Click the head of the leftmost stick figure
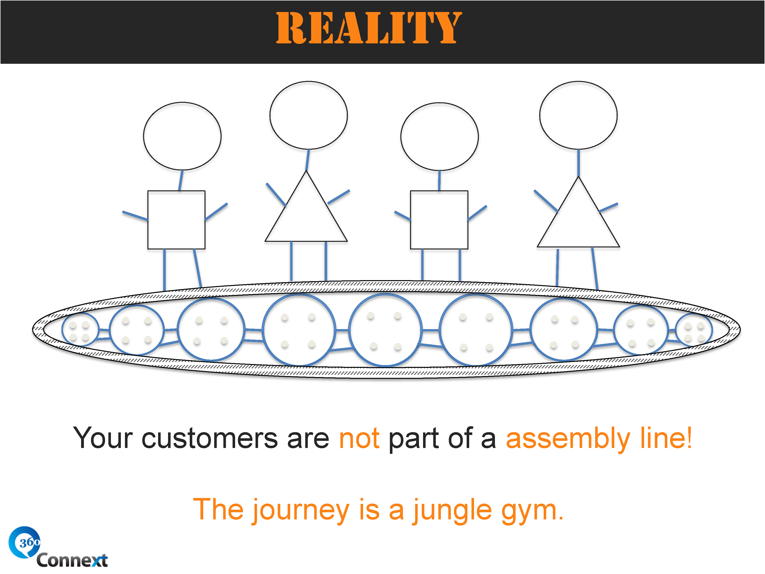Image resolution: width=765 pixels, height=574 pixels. (182, 136)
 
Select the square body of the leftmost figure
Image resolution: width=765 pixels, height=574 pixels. (176, 220)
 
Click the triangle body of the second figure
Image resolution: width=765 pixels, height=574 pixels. (306, 215)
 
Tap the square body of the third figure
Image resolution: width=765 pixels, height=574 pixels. (439, 220)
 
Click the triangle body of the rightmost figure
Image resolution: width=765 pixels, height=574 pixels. (578, 220)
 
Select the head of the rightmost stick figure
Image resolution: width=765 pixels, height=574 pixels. (578, 115)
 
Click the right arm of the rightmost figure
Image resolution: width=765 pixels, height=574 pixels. (608, 208)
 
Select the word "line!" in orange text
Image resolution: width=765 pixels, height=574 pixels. (666, 438)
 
